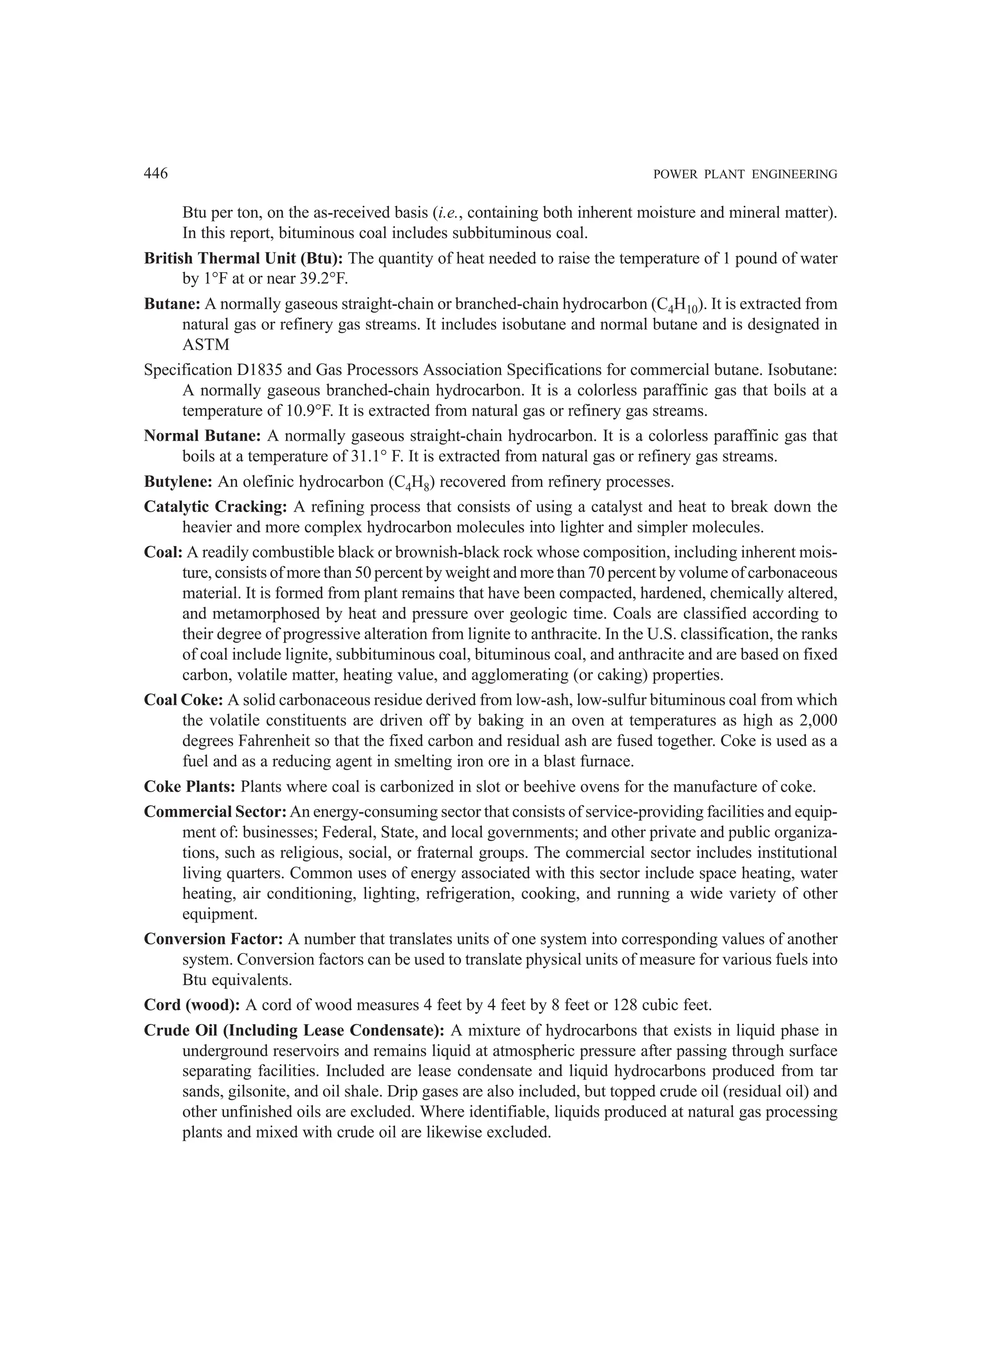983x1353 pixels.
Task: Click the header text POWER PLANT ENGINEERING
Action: [745, 175]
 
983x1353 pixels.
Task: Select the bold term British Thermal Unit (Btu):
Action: [243, 258]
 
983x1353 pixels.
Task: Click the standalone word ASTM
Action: [206, 345]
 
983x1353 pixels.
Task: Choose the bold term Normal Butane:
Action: [202, 436]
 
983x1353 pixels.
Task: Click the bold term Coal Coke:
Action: [183, 700]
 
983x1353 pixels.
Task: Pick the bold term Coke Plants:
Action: [190, 786]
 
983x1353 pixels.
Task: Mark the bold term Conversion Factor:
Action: [213, 939]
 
